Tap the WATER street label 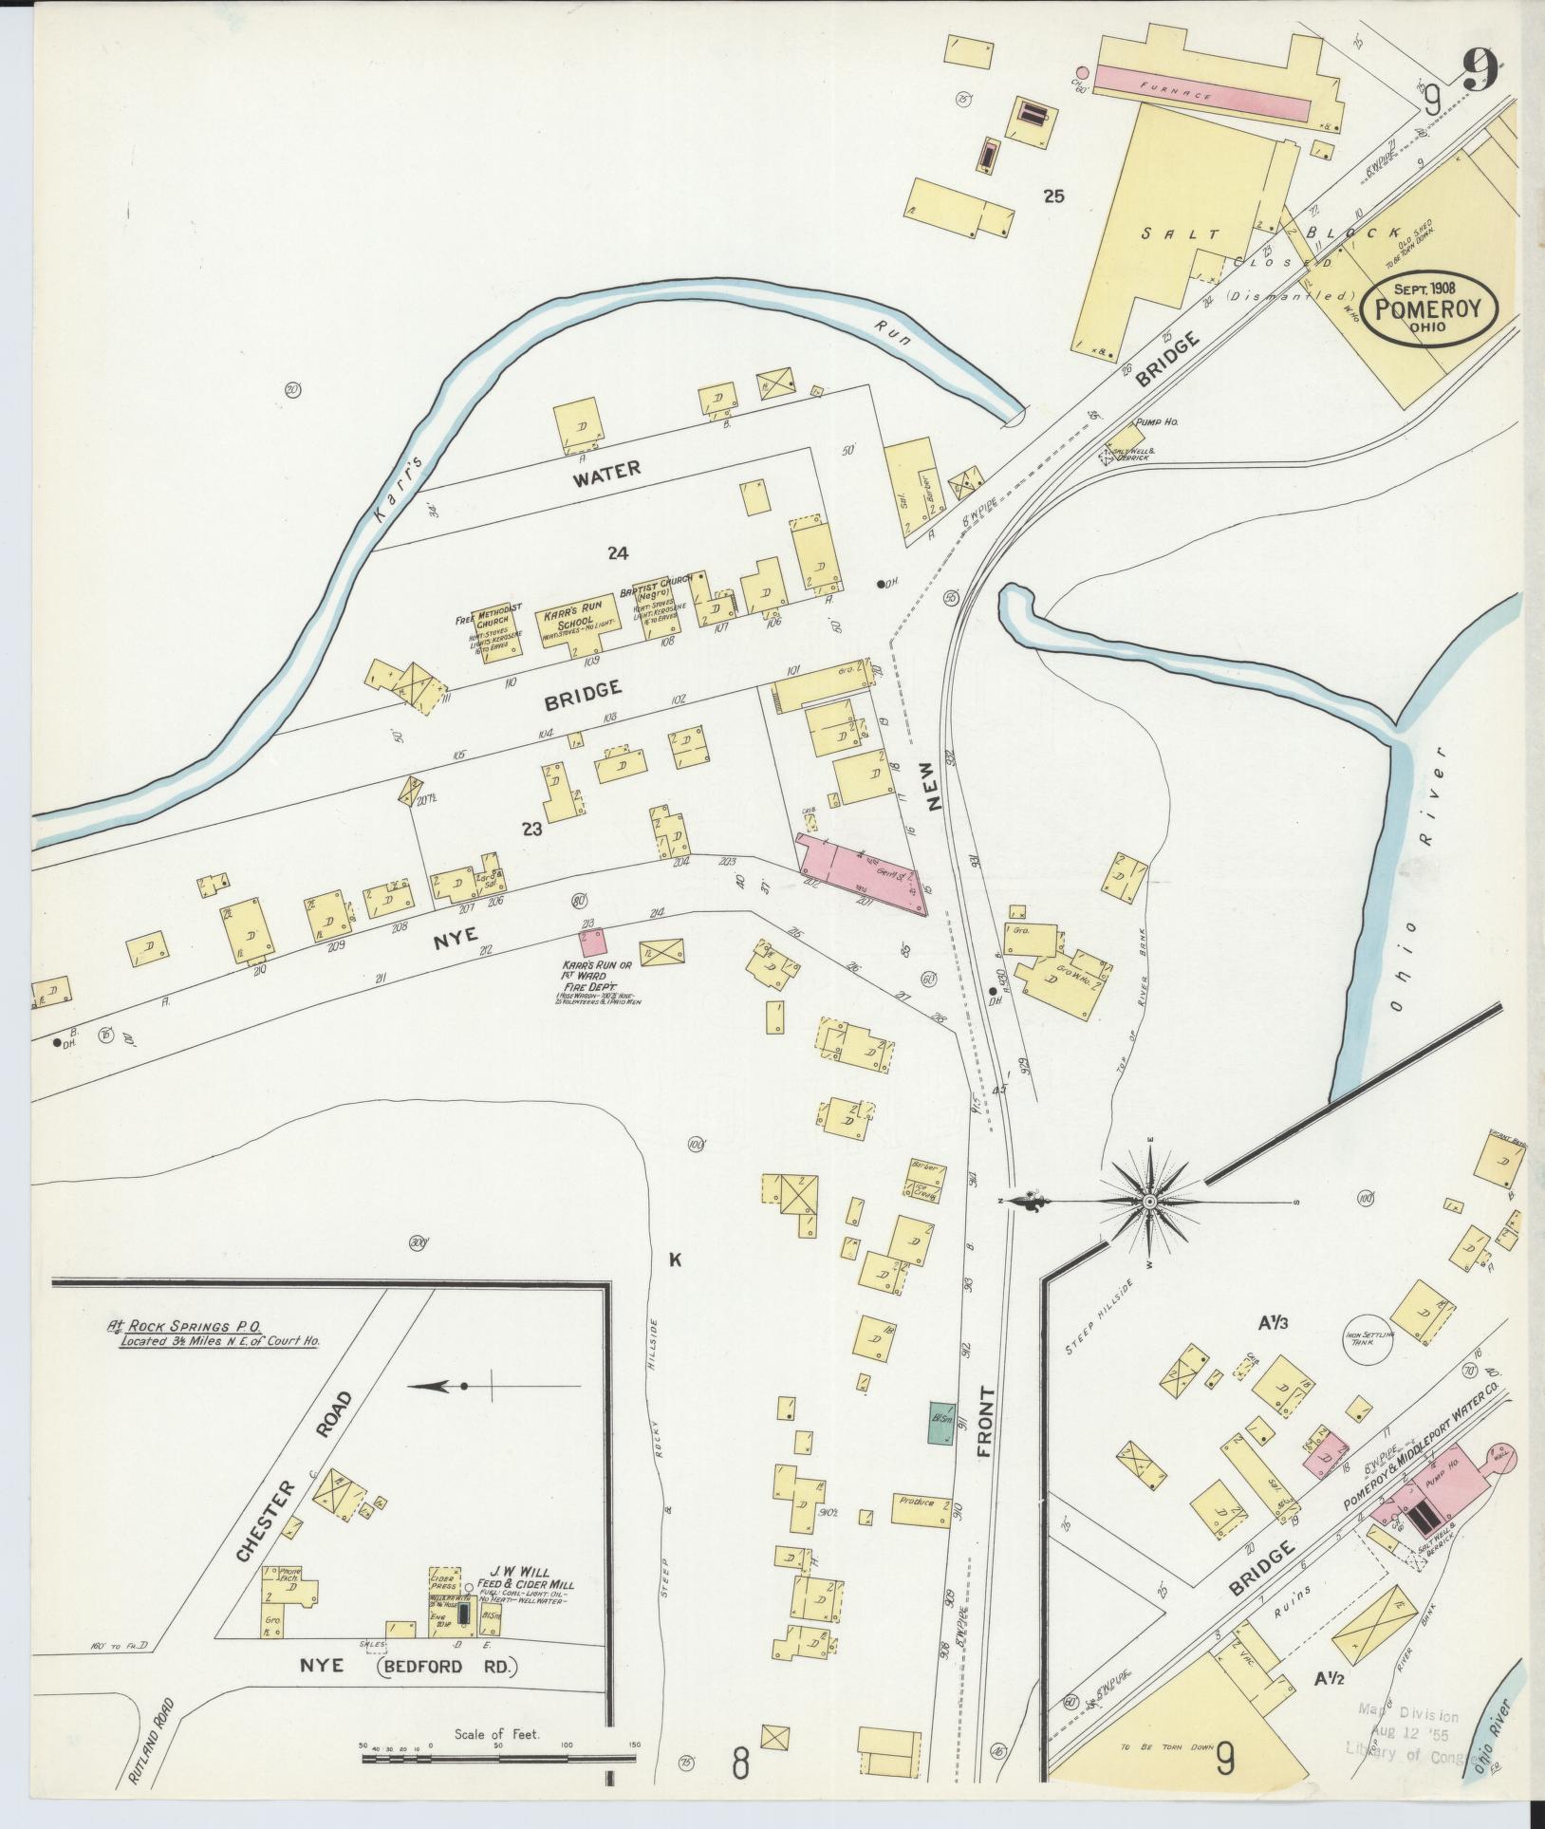606,468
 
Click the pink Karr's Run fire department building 594,942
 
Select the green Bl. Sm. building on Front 940,1424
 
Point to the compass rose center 1149,1203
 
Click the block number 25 1053,197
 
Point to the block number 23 531,829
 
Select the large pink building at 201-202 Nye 861,872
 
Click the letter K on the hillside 676,1260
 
